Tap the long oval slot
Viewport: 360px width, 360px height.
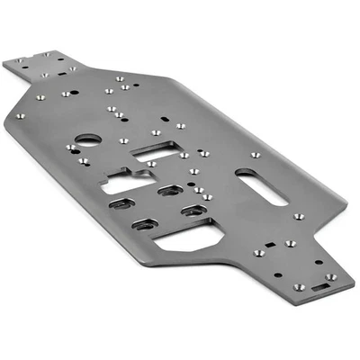coord(261,185)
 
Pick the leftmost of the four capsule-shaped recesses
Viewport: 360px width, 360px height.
coord(121,204)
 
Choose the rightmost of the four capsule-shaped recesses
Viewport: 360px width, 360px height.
coord(193,211)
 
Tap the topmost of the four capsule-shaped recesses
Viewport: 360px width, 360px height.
coord(168,190)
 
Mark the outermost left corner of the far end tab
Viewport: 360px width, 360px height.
coord(3,63)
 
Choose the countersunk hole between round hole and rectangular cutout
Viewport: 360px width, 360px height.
coord(124,139)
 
